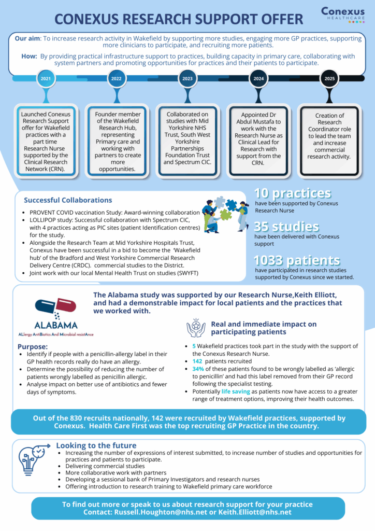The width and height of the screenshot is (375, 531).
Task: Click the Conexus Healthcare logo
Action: click(343, 15)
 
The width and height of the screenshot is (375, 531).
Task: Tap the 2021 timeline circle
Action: click(46, 79)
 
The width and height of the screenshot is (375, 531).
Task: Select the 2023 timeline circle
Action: click(187, 79)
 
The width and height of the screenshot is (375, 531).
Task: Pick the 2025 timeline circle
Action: click(329, 79)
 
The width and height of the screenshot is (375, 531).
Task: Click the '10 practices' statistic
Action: click(293, 193)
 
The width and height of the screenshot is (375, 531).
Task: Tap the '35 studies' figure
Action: click(286, 226)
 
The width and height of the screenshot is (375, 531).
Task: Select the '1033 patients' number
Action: click(297, 260)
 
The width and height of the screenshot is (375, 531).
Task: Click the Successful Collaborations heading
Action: click(68, 200)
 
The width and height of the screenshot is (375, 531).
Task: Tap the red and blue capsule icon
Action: click(56, 306)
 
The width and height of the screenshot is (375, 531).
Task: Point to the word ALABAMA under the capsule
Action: click(56, 326)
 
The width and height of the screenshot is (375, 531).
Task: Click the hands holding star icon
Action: click(196, 328)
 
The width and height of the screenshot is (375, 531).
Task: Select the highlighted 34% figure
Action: click(198, 369)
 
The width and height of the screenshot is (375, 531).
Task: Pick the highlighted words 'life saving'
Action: click(236, 392)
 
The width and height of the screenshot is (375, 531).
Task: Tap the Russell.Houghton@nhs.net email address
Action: click(161, 512)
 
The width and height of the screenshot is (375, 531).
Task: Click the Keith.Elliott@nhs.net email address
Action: click(255, 512)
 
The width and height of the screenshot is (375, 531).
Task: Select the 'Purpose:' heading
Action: click(33, 347)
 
